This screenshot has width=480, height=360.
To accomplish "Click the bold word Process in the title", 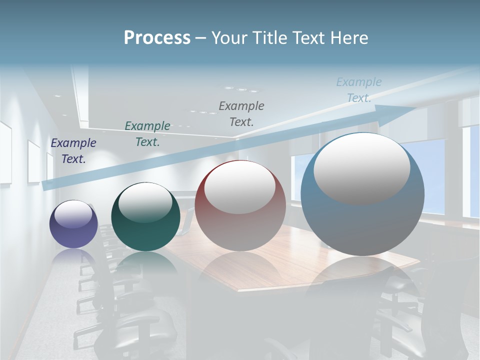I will (x=157, y=38).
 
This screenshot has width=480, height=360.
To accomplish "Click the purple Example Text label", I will (x=73, y=151).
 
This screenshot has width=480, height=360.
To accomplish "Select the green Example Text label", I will (x=147, y=134).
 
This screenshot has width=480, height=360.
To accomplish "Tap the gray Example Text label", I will (x=241, y=113).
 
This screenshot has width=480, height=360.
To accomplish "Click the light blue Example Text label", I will (x=358, y=90).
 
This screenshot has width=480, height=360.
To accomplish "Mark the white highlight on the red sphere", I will (x=240, y=187).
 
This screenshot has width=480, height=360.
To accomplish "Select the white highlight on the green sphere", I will (x=145, y=203).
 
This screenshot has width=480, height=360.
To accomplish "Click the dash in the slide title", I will (x=201, y=38).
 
